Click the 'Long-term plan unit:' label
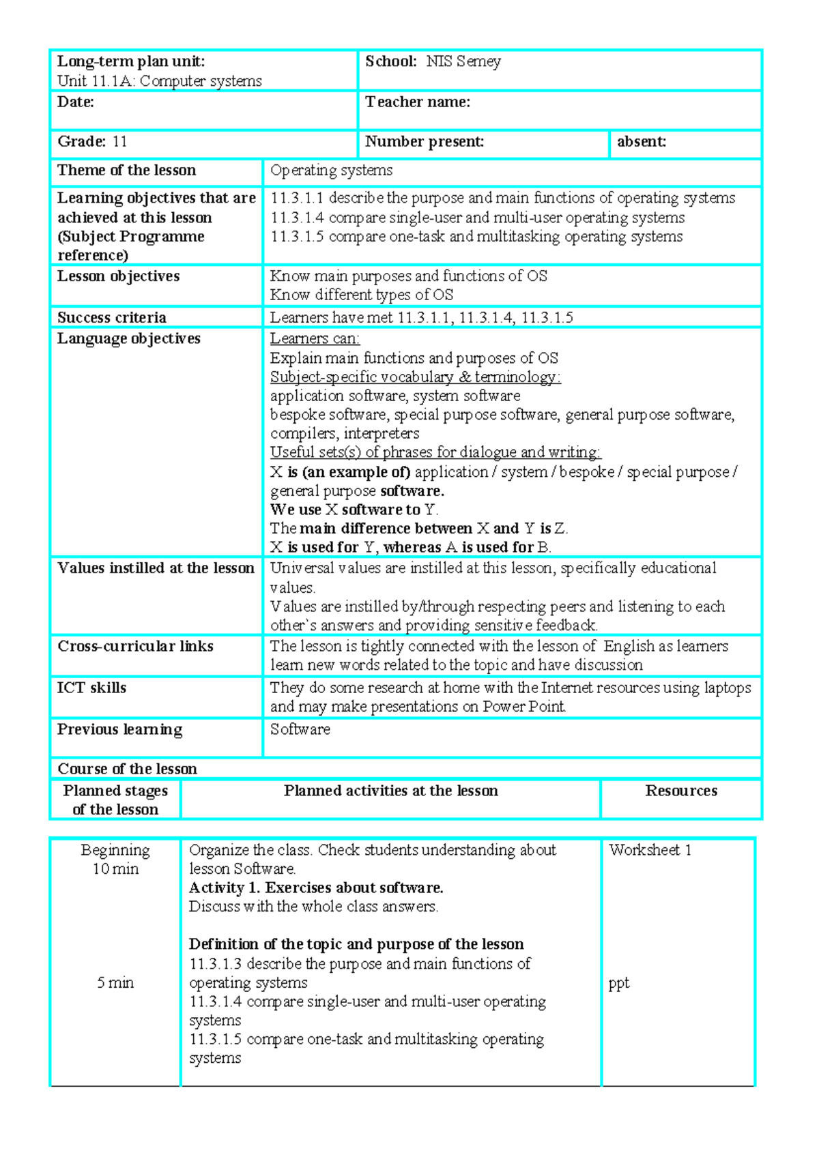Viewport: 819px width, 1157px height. [131, 61]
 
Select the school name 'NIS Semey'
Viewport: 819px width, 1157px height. [463, 61]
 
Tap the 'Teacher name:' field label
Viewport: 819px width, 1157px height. [418, 102]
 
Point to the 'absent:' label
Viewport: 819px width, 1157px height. [642, 142]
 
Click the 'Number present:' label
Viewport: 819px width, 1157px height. [425, 142]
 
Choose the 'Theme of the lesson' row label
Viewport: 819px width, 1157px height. [126, 171]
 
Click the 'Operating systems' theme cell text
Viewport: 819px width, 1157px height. [331, 171]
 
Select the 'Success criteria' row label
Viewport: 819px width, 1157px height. [112, 318]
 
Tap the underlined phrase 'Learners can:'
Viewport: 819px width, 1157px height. [315, 338]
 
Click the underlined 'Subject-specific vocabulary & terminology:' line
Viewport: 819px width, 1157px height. [415, 377]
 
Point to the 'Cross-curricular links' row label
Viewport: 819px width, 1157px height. [135, 646]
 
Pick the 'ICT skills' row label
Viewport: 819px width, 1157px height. [91, 688]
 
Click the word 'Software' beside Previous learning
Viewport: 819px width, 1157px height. [300, 729]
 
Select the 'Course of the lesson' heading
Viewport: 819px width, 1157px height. [127, 769]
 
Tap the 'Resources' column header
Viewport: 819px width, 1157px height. [681, 791]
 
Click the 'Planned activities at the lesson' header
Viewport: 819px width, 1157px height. [391, 791]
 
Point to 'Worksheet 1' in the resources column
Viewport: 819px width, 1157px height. [650, 850]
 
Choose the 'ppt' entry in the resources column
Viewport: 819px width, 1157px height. [618, 983]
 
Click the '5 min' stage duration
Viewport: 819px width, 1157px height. [115, 983]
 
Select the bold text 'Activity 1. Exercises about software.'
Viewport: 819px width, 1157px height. [316, 888]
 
